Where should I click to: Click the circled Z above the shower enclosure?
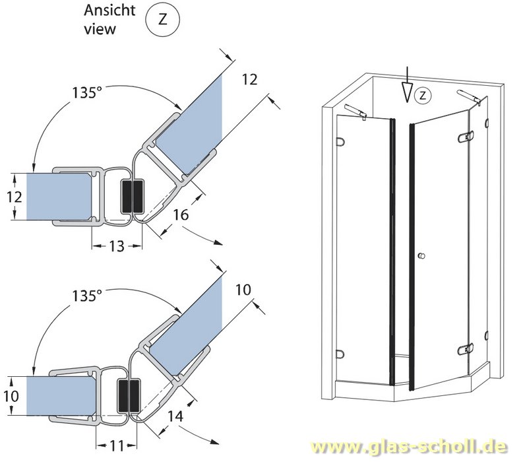(423, 96)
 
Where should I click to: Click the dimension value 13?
(116, 246)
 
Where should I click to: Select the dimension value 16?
(182, 215)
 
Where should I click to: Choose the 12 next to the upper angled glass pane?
(249, 80)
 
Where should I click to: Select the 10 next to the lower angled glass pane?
(242, 288)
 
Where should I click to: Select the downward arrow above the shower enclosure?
(409, 86)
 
